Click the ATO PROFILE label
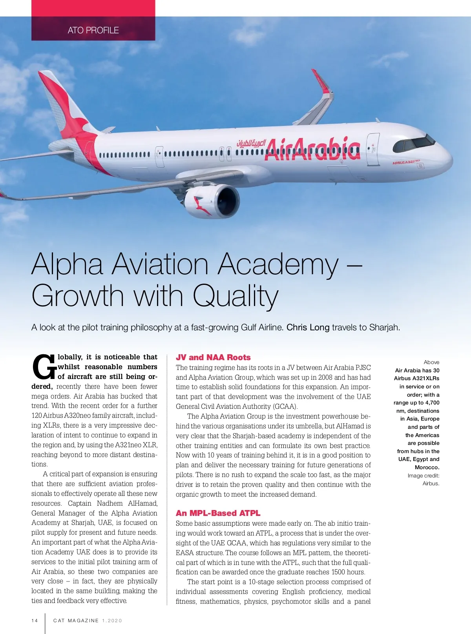tap(93, 30)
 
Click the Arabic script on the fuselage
tap(251, 143)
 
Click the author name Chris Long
tap(308, 327)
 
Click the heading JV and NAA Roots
tap(213, 357)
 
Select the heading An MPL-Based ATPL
tap(218, 513)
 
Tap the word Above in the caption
tap(431, 362)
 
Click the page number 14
tap(35, 621)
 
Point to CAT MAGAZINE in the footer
tap(76, 621)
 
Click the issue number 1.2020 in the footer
tap(112, 621)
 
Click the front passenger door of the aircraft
tap(373, 149)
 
